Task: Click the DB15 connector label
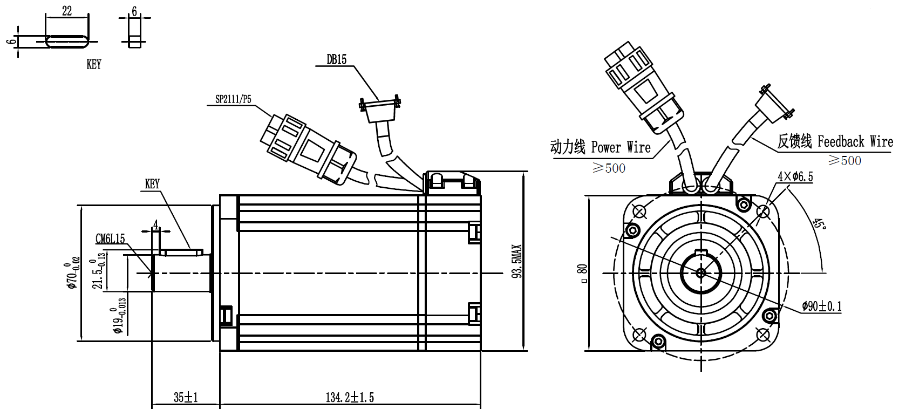[336, 59]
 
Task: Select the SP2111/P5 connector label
[233, 99]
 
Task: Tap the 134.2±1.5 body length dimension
[349, 398]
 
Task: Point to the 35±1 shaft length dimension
[186, 398]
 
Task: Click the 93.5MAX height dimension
[517, 261]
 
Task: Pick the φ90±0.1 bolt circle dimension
[821, 306]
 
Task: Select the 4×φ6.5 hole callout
[795, 176]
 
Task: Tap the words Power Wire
[621, 147]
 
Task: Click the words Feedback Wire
[855, 142]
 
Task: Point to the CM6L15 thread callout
[110, 238]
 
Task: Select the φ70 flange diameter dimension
[73, 272]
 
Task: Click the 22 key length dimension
[67, 11]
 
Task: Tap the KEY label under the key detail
[94, 64]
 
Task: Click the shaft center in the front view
[701, 273]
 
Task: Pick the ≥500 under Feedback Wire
[844, 160]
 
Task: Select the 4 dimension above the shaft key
[155, 224]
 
